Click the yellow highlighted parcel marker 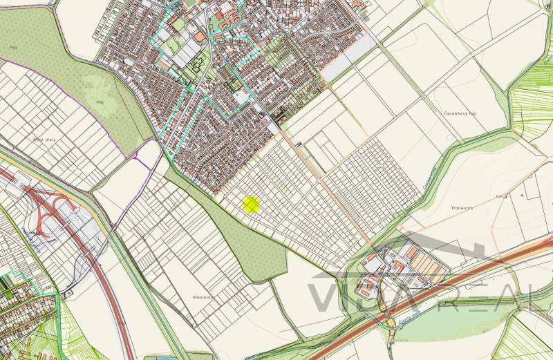point(251,205)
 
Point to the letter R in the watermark point(449,296)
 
